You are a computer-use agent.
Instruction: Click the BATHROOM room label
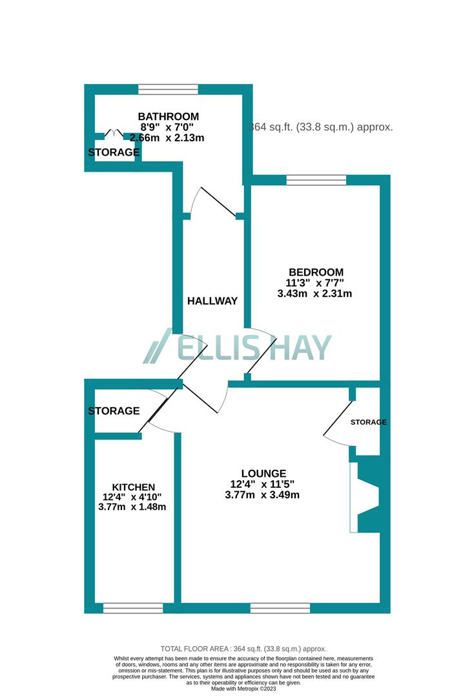(169, 116)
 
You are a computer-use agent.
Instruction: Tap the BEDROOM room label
(316, 272)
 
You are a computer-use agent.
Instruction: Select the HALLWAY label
(212, 301)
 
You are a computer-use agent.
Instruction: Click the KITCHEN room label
(134, 487)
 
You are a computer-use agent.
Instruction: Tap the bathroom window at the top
(168, 89)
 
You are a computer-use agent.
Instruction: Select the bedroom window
(316, 180)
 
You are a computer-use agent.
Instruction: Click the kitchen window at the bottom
(133, 608)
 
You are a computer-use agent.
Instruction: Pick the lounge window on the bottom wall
(280, 608)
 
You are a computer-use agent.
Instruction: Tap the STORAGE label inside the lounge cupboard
(368, 422)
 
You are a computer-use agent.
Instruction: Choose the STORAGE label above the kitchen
(114, 410)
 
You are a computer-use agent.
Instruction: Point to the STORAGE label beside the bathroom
(114, 152)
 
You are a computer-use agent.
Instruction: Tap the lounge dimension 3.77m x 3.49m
(262, 495)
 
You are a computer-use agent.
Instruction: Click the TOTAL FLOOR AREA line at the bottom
(243, 649)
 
